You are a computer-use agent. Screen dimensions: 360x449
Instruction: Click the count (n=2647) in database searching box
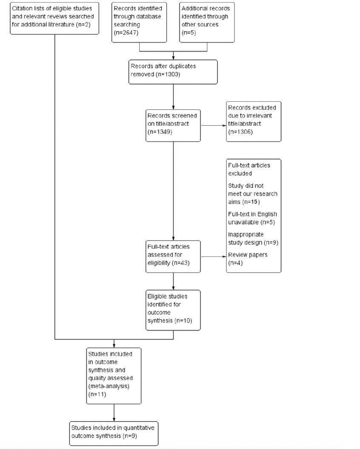pos(126,33)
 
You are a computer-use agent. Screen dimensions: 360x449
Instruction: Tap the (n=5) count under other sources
pos(189,33)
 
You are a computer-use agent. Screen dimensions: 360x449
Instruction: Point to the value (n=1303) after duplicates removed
pos(168,75)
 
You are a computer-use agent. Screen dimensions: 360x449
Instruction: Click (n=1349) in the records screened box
pos(160,132)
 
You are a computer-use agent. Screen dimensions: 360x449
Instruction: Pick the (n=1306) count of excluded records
pos(240,132)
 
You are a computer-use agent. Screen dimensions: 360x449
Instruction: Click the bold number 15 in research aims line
pos(254,202)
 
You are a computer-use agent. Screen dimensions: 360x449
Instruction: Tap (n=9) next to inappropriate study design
pos(271,242)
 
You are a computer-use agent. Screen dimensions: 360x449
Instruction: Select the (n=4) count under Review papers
pos(235,263)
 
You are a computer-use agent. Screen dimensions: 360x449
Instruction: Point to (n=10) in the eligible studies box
pos(183,321)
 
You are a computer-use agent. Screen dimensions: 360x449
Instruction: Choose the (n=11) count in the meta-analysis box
pos(97,394)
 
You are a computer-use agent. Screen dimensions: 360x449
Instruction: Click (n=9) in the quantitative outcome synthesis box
pos(130,436)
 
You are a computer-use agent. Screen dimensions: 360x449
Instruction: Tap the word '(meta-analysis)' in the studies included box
pos(109,386)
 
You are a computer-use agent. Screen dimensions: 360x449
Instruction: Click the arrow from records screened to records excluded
pos(213,125)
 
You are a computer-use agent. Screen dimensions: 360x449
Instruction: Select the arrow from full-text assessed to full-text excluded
pos(213,256)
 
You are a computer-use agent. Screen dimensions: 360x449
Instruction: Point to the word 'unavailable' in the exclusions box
pos(243,222)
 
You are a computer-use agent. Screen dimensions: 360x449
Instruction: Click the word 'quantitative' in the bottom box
pos(139,428)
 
